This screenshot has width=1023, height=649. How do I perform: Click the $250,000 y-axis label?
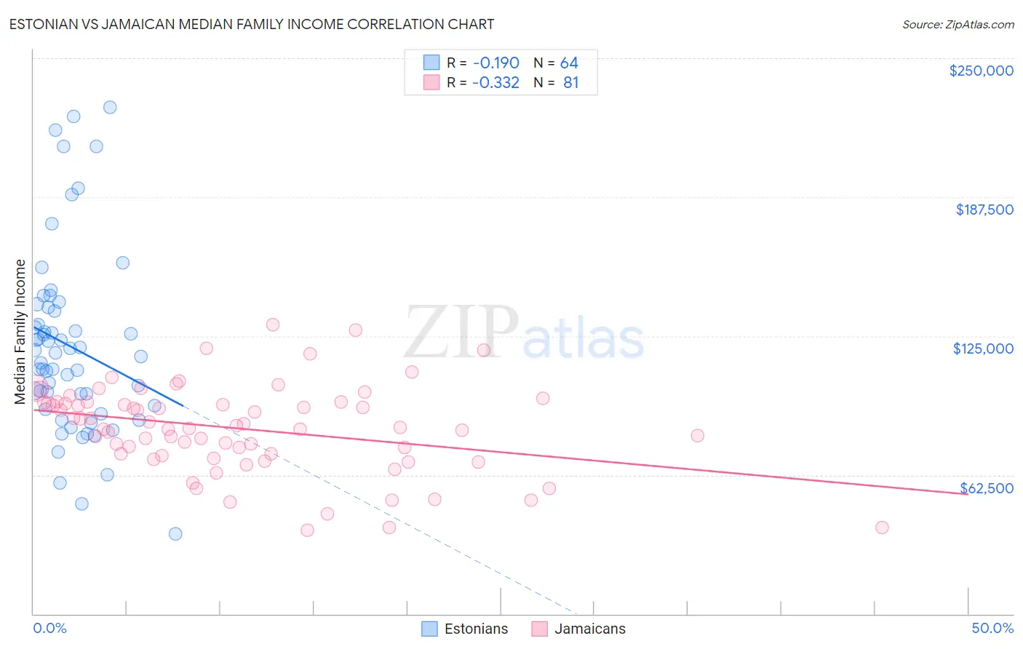[x=981, y=71]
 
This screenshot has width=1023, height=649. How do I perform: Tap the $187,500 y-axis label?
[x=984, y=210]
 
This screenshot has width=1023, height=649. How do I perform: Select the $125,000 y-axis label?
[x=983, y=349]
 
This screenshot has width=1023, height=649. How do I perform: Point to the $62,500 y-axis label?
[x=986, y=488]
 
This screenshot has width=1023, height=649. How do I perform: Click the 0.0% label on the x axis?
[x=49, y=628]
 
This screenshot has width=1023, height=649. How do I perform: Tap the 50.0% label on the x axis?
[x=992, y=628]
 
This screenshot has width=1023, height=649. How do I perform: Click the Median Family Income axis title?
[x=20, y=331]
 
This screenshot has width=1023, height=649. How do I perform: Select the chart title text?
[x=251, y=24]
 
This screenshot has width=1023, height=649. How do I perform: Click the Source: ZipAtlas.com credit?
[x=958, y=25]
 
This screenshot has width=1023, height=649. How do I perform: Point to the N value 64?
[x=568, y=63]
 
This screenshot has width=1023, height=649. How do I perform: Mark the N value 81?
[x=570, y=82]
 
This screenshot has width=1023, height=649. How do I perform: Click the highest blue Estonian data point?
[x=110, y=107]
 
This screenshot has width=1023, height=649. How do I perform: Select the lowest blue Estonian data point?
[x=175, y=534]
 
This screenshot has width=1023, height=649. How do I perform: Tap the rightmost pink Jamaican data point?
[x=882, y=527]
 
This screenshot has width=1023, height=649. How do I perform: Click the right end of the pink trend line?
[x=967, y=494]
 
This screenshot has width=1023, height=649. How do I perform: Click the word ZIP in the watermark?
[x=461, y=333]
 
